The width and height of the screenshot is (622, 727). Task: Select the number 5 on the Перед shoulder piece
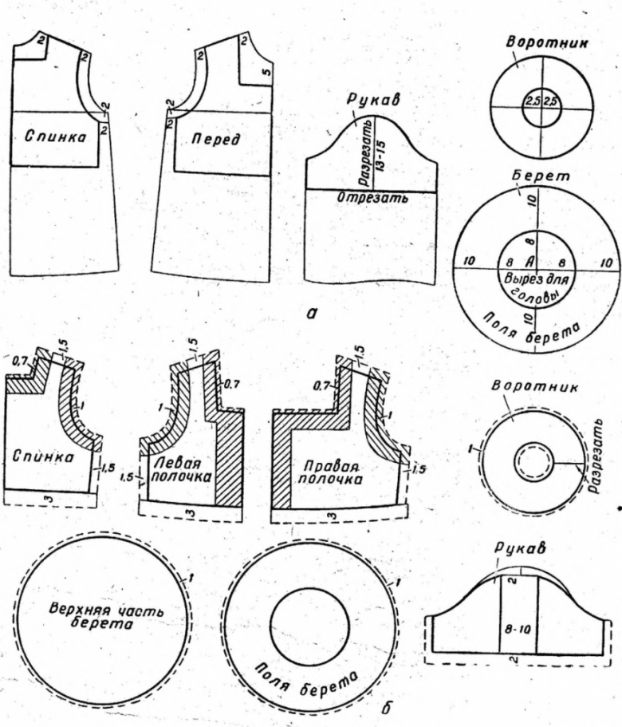(x=269, y=75)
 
